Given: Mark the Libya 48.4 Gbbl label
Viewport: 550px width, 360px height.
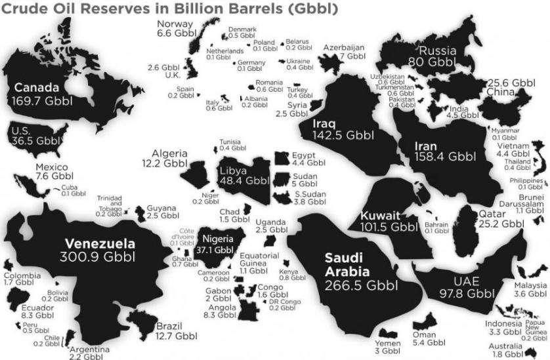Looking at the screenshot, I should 243,176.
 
